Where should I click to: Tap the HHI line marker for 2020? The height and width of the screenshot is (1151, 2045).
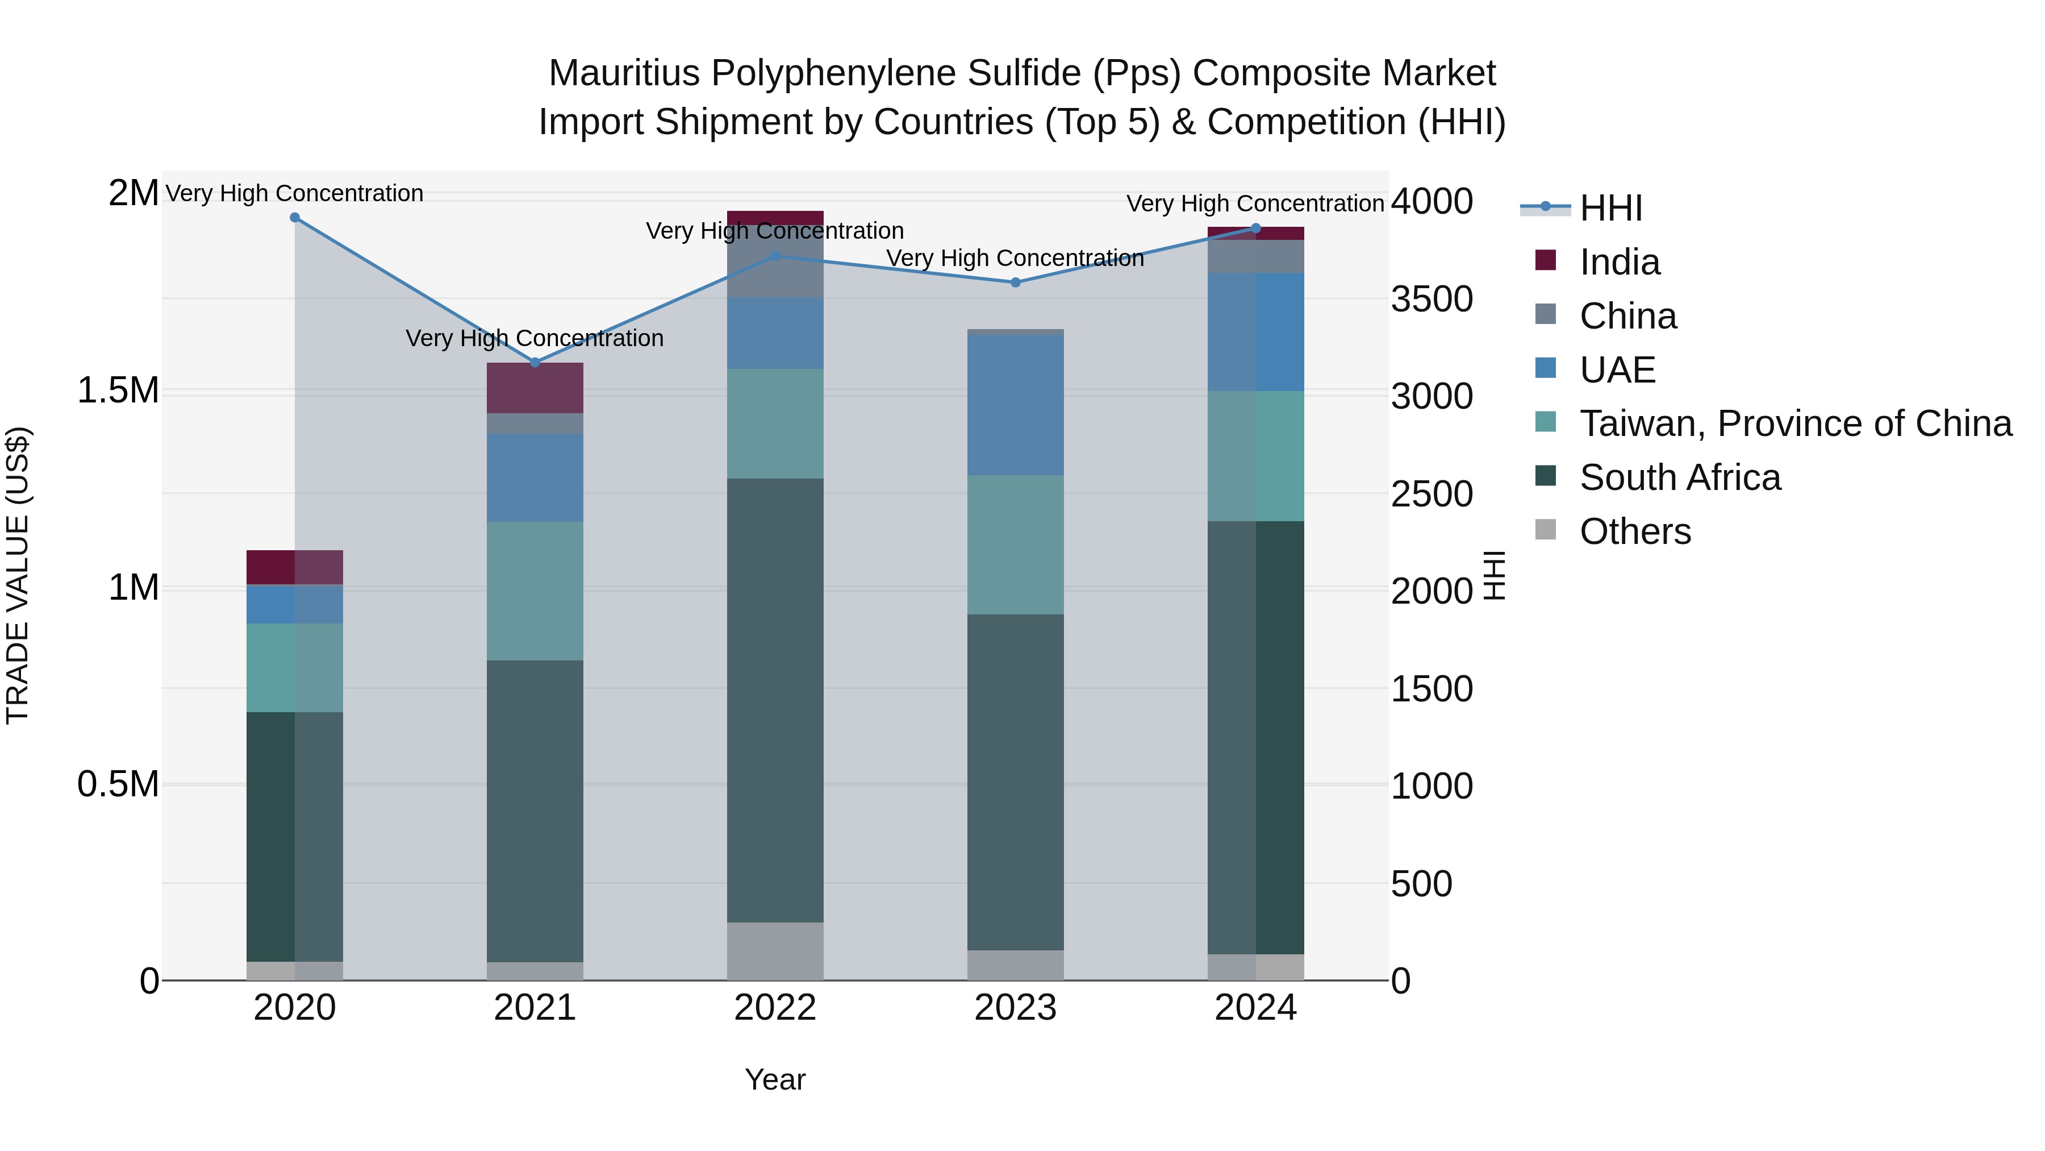click(294, 217)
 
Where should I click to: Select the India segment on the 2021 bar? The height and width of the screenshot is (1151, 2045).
click(535, 388)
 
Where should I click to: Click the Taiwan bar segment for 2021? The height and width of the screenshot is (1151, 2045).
click(535, 591)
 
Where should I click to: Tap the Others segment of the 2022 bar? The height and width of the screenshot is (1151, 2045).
click(775, 951)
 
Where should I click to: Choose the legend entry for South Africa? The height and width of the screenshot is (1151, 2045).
click(1679, 477)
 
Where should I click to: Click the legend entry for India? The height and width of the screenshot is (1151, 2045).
click(1619, 262)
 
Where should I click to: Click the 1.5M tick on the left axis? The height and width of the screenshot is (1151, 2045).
click(118, 391)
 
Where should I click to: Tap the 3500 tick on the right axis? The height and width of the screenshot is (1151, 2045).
click(1431, 300)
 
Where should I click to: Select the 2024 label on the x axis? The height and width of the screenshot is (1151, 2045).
click(1255, 1008)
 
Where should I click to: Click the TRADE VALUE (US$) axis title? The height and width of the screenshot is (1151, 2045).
click(18, 575)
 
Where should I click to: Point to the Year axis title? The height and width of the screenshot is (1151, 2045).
click(775, 1079)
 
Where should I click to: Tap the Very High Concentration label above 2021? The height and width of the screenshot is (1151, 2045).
click(535, 338)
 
